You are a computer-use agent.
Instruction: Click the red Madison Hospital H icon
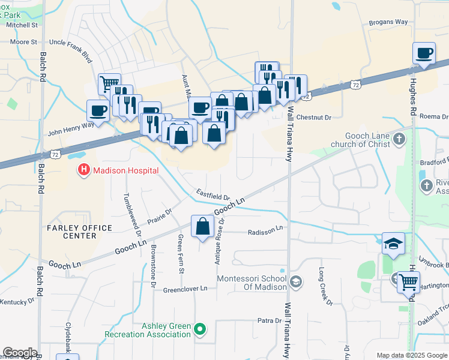click(x=84, y=171)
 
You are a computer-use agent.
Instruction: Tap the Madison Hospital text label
click(x=125, y=171)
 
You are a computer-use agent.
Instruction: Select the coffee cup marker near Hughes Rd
click(x=424, y=53)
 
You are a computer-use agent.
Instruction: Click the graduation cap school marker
click(x=394, y=244)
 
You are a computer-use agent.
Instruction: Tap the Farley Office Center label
click(x=80, y=232)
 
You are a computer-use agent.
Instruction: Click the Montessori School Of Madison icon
click(x=295, y=281)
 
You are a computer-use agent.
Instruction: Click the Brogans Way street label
click(x=388, y=22)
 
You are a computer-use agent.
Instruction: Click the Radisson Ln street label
click(x=265, y=229)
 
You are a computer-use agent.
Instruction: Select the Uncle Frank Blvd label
click(x=70, y=43)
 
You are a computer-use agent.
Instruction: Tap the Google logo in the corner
click(x=20, y=353)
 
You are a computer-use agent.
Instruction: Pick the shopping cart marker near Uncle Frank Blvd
click(x=109, y=83)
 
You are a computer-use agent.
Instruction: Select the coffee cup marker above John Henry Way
click(x=98, y=110)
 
